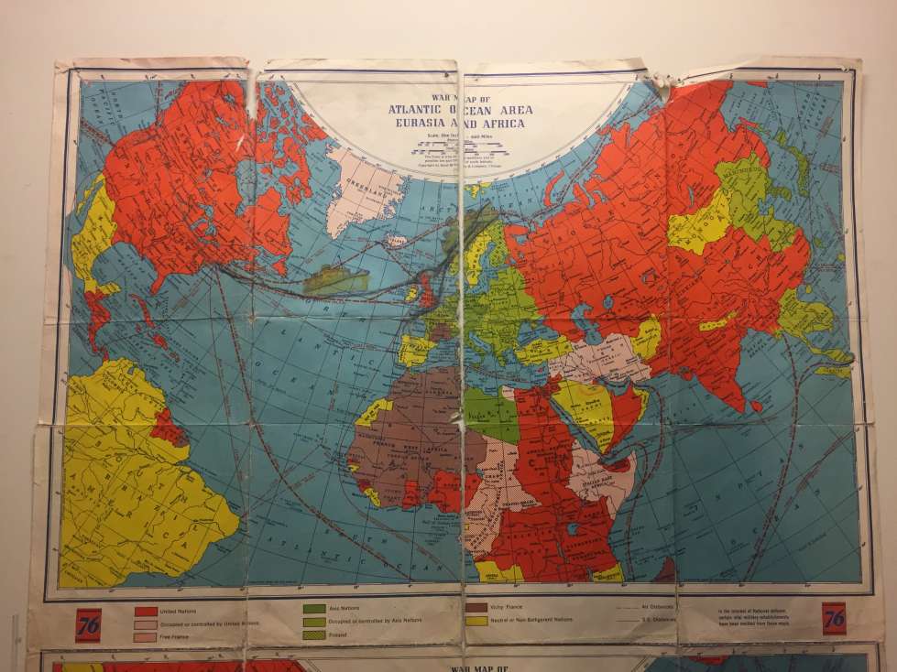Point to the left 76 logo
[89, 620]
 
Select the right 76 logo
[835, 618]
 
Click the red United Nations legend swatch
[146, 611]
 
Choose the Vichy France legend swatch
[476, 607]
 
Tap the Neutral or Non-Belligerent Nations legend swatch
[476, 620]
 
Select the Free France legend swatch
[146, 636]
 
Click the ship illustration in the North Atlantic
[336, 278]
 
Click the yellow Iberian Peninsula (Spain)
[415, 349]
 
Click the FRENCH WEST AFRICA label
[403, 449]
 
